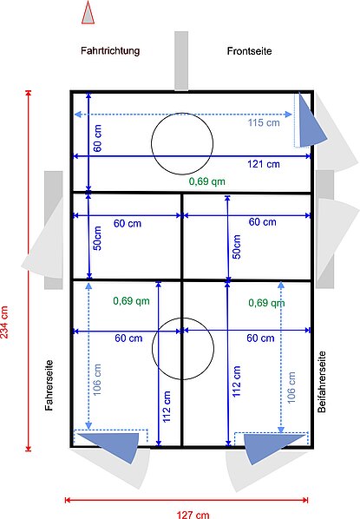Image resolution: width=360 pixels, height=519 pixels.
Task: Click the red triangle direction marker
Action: (88, 13)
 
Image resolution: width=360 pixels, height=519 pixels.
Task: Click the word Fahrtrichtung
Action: (110, 51)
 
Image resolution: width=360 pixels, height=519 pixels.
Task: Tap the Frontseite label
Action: (249, 51)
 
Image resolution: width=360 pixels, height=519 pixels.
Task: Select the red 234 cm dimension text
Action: (4, 322)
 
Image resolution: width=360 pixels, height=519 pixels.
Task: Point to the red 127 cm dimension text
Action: (193, 515)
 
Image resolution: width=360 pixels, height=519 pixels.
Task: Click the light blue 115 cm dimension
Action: (264, 122)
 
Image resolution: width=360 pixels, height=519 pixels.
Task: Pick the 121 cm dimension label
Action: (264, 164)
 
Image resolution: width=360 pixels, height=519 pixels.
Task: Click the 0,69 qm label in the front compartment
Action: (207, 181)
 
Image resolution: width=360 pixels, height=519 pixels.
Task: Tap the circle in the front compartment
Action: (182, 113)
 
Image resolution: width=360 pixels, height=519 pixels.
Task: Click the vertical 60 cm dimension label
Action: (98, 138)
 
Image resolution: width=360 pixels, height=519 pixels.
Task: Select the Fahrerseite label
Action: (49, 385)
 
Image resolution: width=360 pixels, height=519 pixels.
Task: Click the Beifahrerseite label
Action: (322, 382)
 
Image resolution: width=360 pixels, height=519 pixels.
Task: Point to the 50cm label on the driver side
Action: (98, 238)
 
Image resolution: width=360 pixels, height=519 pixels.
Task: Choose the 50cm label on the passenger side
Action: (237, 246)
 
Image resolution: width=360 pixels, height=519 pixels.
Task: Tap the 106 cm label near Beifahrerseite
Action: (291, 388)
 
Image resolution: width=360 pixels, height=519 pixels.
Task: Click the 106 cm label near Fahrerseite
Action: (97, 379)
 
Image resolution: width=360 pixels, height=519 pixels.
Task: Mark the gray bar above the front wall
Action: (181, 61)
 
